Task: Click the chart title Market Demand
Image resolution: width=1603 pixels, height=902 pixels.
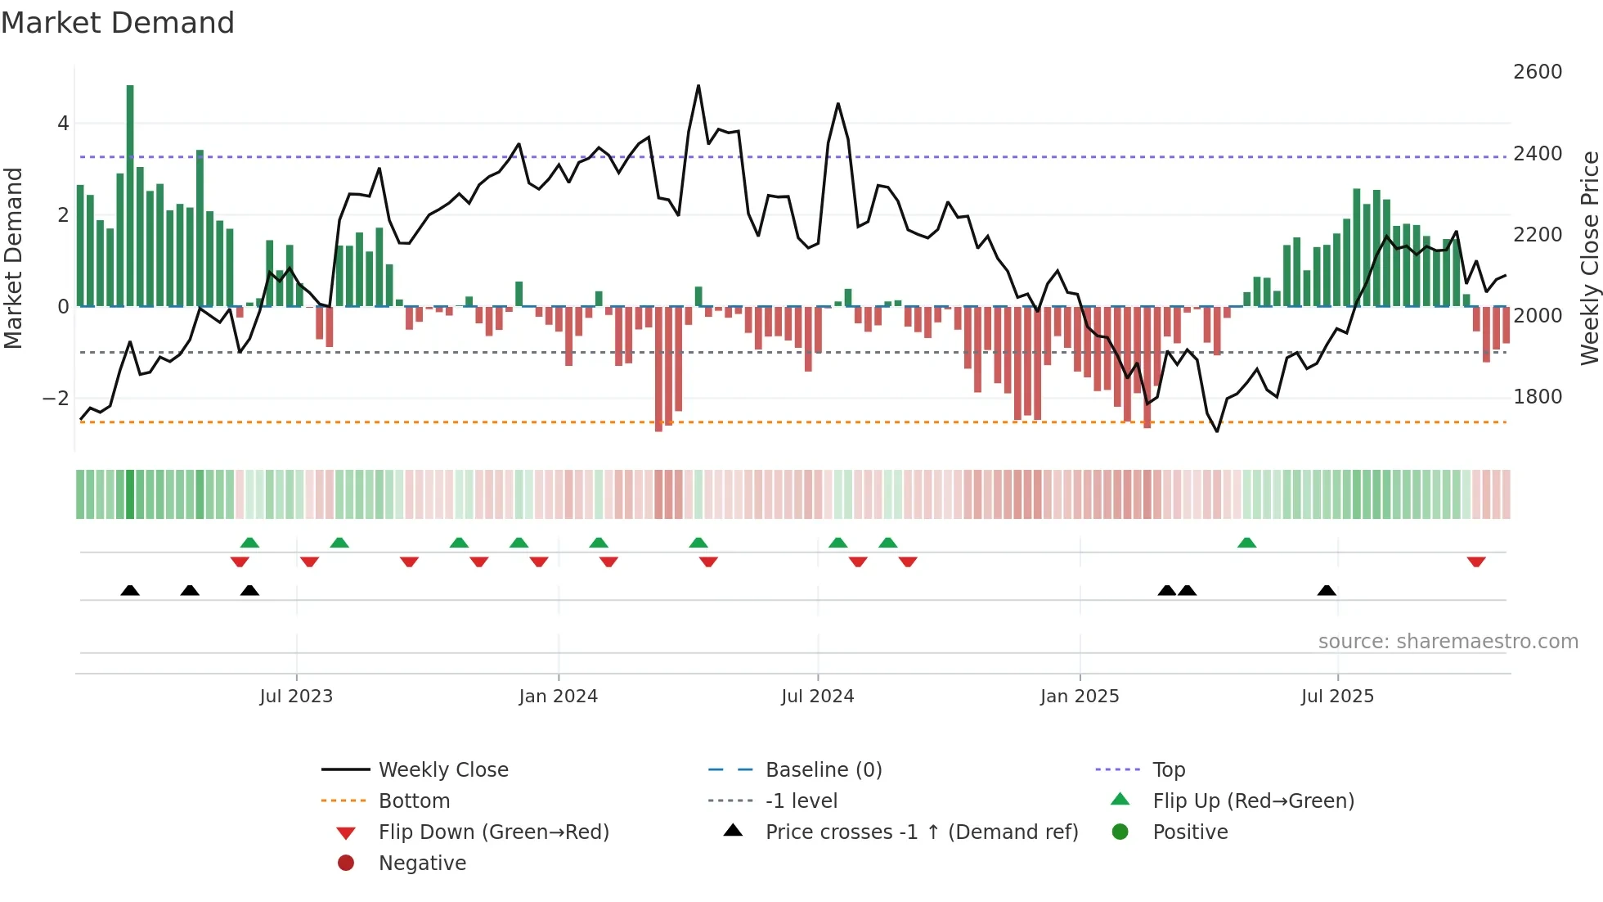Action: point(118,23)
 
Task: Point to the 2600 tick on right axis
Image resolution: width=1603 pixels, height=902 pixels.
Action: point(1537,72)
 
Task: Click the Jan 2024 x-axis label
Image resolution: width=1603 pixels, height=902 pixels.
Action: point(558,697)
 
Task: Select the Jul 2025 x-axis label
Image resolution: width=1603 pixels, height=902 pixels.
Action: point(1337,697)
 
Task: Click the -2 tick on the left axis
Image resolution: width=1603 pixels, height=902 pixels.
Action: point(56,399)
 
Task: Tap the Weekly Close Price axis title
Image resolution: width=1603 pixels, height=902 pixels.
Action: point(1589,258)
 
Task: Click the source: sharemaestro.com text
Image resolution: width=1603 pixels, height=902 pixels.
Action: point(1448,642)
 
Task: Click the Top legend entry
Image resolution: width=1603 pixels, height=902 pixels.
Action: point(1168,770)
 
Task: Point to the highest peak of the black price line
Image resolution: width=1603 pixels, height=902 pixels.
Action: point(698,86)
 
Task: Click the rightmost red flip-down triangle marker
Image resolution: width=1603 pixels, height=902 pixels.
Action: point(1476,561)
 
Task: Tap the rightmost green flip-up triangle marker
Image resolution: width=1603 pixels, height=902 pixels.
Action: point(1246,543)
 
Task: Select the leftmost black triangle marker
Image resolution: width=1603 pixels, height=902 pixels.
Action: point(130,590)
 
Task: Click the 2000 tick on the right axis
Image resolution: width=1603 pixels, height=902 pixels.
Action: point(1537,316)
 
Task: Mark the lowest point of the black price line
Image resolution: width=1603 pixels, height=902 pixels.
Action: point(1217,431)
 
